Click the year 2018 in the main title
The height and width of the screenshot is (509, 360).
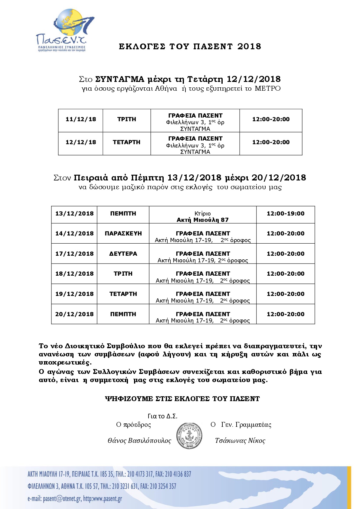coord(249,46)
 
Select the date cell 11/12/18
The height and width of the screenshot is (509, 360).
coord(81,119)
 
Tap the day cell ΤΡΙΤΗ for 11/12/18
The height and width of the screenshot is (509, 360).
coord(126,119)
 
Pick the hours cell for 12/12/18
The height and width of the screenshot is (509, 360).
coord(271,142)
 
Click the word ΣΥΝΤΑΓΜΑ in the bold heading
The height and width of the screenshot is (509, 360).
coord(120,79)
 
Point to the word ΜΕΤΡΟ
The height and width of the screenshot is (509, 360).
coord(267,89)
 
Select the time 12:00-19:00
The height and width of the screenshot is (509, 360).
coord(285,213)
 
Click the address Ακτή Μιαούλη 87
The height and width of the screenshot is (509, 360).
coord(203,220)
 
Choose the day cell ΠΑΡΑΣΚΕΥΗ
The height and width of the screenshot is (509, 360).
coord(123,233)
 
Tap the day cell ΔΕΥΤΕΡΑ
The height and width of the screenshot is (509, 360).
coord(123,254)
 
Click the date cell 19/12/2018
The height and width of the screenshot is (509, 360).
coord(74,294)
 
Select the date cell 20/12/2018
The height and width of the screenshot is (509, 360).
coord(74,314)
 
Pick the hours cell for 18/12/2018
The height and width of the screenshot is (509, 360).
coord(285,274)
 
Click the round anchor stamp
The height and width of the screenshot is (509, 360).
coord(189,436)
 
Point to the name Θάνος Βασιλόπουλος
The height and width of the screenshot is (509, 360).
coord(139,441)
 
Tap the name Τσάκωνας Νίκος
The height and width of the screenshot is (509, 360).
coord(240,441)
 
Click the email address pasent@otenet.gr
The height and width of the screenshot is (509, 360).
coord(62,499)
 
